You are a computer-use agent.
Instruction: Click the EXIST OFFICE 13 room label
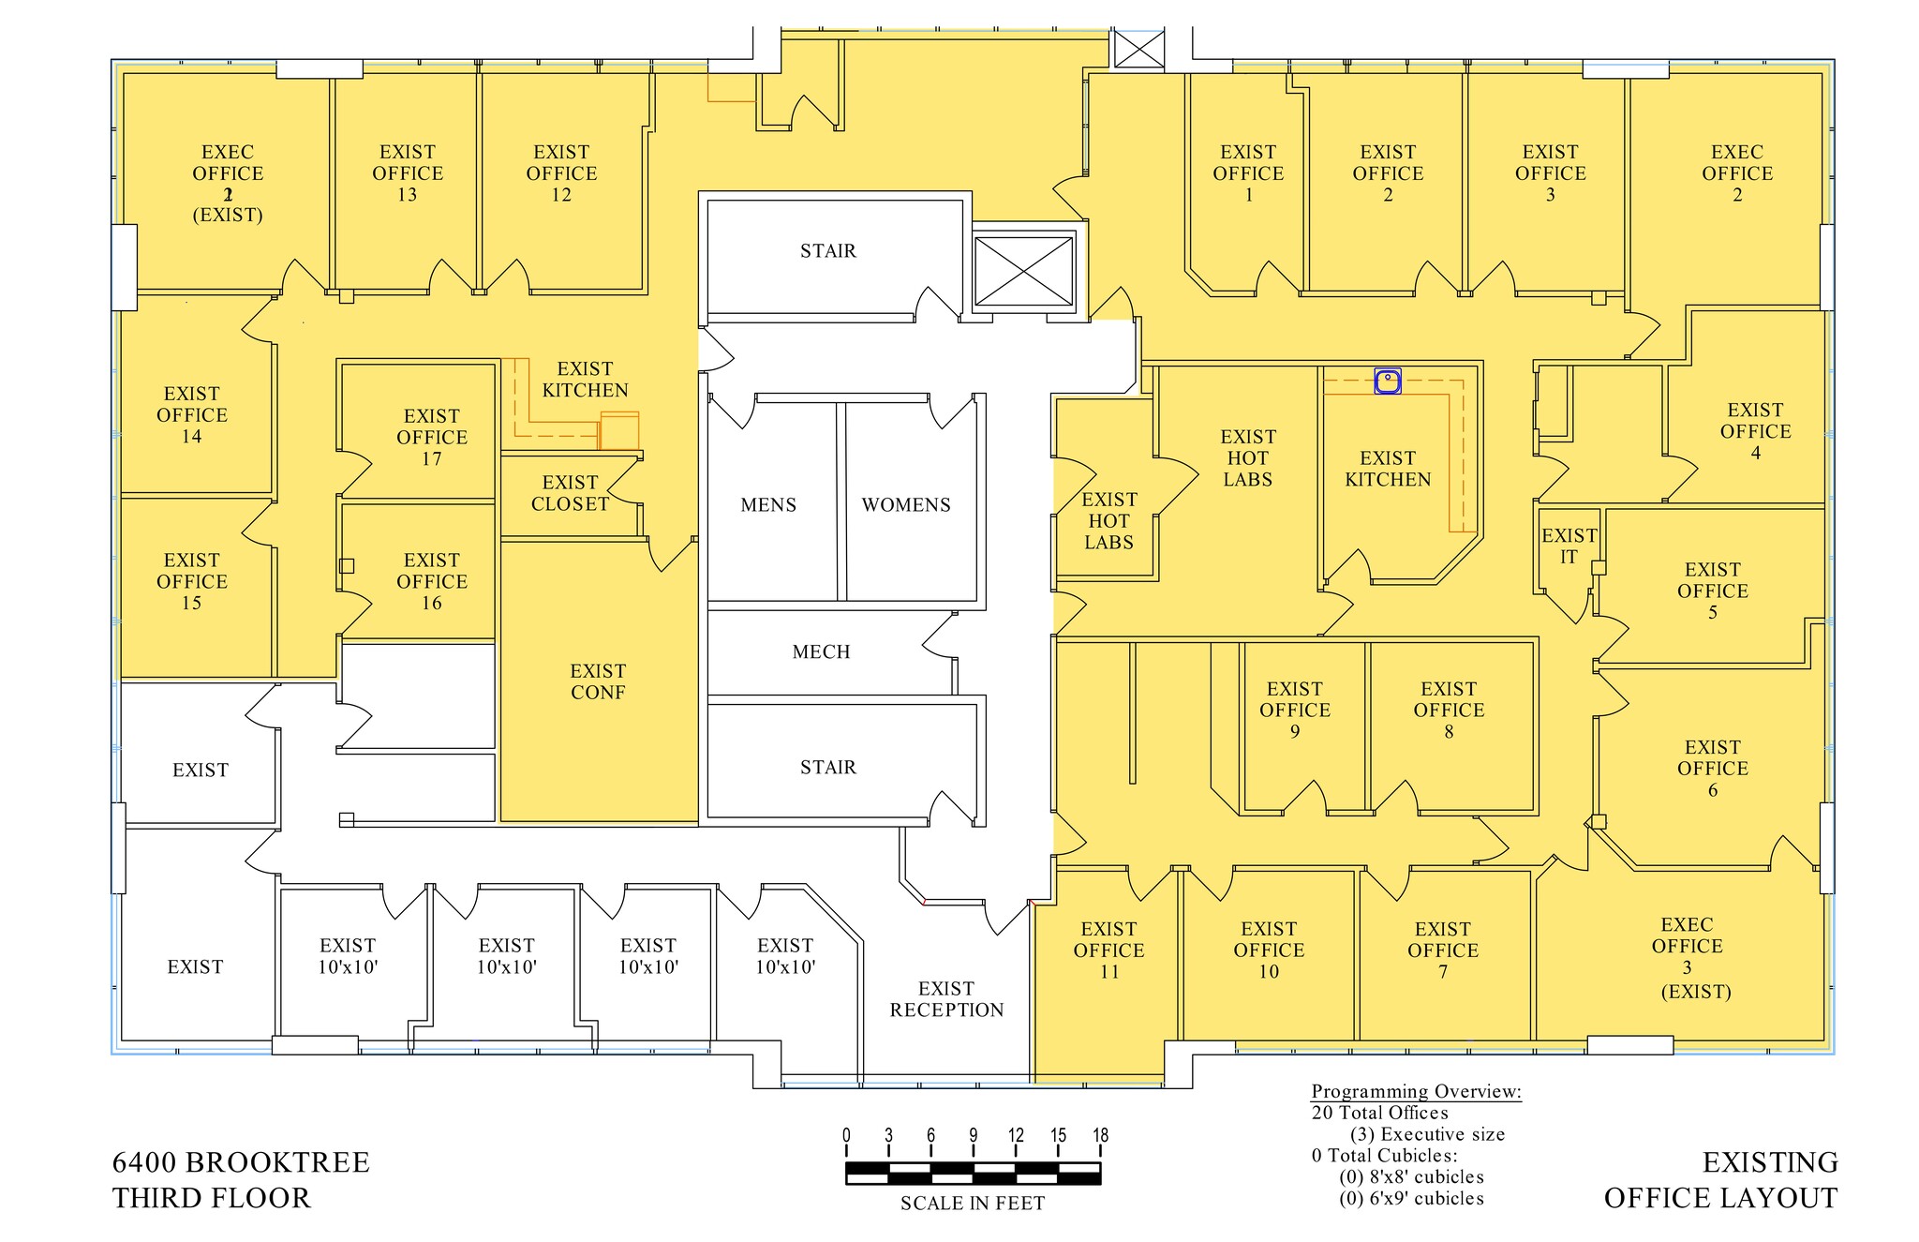pyautogui.click(x=407, y=173)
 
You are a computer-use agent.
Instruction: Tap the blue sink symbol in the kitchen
pyautogui.click(x=1388, y=381)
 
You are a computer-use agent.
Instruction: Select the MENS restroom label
pyautogui.click(x=768, y=505)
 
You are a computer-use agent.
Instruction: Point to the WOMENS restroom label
pyautogui.click(x=906, y=505)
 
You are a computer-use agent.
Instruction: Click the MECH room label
pyautogui.click(x=821, y=652)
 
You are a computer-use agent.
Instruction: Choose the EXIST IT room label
pyautogui.click(x=1569, y=546)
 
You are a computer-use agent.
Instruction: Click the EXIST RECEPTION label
pyautogui.click(x=946, y=999)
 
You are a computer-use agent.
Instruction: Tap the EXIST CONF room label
pyautogui.click(x=598, y=681)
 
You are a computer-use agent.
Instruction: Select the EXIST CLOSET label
pyautogui.click(x=570, y=493)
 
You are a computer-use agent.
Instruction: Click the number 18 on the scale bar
pyautogui.click(x=1100, y=1135)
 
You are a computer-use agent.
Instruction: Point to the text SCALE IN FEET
pyautogui.click(x=972, y=1204)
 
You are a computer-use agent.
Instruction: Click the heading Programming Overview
pyautogui.click(x=1416, y=1091)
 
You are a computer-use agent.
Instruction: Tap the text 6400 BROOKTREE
pyautogui.click(x=241, y=1162)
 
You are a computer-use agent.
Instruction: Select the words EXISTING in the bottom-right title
pyautogui.click(x=1769, y=1162)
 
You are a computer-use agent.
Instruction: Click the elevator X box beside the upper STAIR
pyautogui.click(x=1023, y=271)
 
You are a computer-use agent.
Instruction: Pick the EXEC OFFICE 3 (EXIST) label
pyautogui.click(x=1688, y=957)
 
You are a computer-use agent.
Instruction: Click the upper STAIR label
pyautogui.click(x=827, y=251)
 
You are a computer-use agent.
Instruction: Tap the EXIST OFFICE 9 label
pyautogui.click(x=1295, y=710)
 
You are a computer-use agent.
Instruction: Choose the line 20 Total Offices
pyautogui.click(x=1379, y=1113)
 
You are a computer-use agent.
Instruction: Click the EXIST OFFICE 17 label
pyautogui.click(x=431, y=437)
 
